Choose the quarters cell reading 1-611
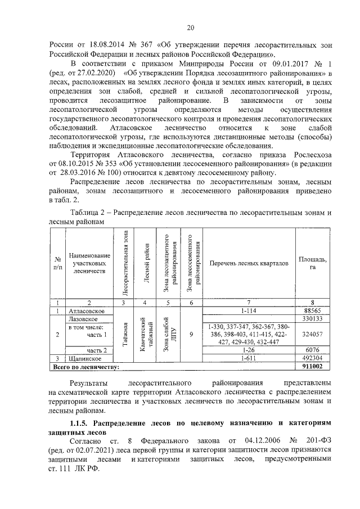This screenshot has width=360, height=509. click(248, 358)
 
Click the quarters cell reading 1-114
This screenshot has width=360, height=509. click(248, 310)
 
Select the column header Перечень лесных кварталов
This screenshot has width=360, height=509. click(248, 263)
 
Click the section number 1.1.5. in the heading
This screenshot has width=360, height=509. click(80, 422)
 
